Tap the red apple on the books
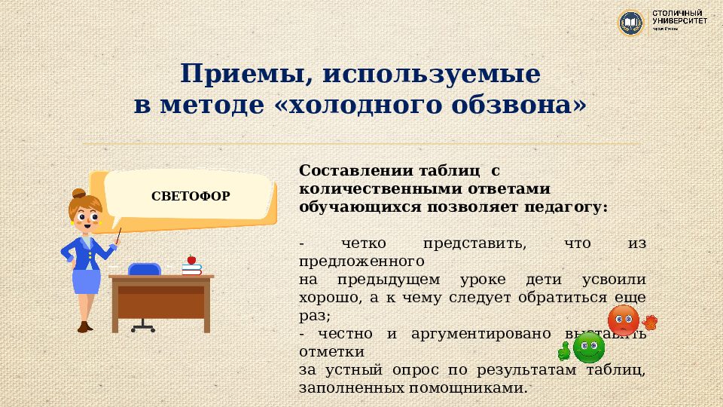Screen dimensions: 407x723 191,259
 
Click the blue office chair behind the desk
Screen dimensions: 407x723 144,269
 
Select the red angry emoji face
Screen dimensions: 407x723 624,320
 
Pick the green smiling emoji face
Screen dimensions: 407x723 588,347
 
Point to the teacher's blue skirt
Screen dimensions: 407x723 86,281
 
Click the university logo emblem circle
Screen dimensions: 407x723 631,23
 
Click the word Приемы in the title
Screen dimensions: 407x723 239,74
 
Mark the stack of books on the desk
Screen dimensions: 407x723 191,268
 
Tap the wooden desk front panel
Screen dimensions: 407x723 161,301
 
